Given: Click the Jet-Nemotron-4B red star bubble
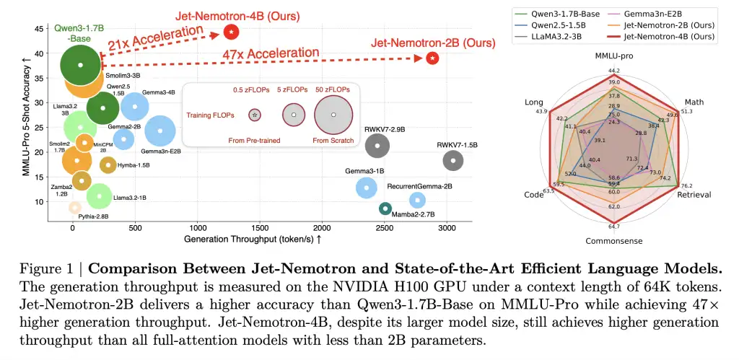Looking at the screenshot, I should (x=231, y=32).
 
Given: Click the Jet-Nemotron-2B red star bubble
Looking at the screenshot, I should (x=432, y=58).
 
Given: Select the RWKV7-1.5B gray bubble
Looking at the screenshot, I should (x=452, y=160).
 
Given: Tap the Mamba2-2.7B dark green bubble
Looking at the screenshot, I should (x=385, y=208).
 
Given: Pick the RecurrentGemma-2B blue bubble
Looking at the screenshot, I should (x=416, y=200).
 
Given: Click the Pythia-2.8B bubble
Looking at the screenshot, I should (x=74, y=207).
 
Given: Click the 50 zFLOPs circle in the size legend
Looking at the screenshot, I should (x=333, y=115).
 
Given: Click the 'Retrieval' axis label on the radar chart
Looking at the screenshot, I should (x=694, y=195).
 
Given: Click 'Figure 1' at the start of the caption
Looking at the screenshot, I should (x=41, y=270).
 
